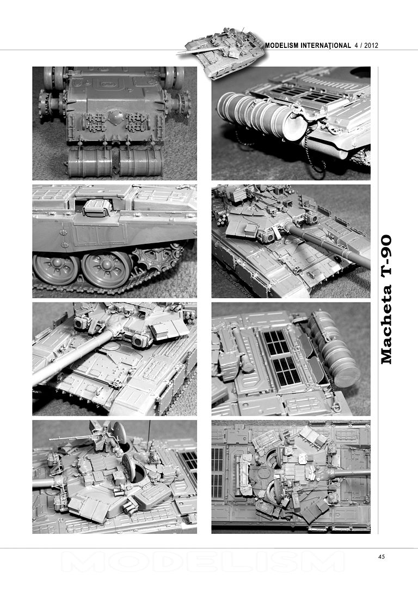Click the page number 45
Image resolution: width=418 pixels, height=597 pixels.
(x=382, y=556)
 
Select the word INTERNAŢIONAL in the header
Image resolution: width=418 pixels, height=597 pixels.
(x=324, y=45)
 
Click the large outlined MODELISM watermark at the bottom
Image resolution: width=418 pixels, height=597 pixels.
(x=202, y=561)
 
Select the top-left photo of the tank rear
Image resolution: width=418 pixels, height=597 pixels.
(x=114, y=123)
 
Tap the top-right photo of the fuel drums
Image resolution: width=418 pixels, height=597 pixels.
(x=291, y=123)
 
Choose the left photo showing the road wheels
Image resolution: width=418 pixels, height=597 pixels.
(x=114, y=240)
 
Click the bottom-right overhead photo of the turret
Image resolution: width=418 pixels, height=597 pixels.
(x=291, y=476)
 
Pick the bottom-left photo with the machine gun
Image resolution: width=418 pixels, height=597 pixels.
(x=114, y=476)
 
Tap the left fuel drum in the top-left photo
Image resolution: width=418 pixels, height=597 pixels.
(x=90, y=162)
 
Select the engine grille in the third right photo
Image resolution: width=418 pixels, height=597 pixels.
(x=281, y=357)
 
